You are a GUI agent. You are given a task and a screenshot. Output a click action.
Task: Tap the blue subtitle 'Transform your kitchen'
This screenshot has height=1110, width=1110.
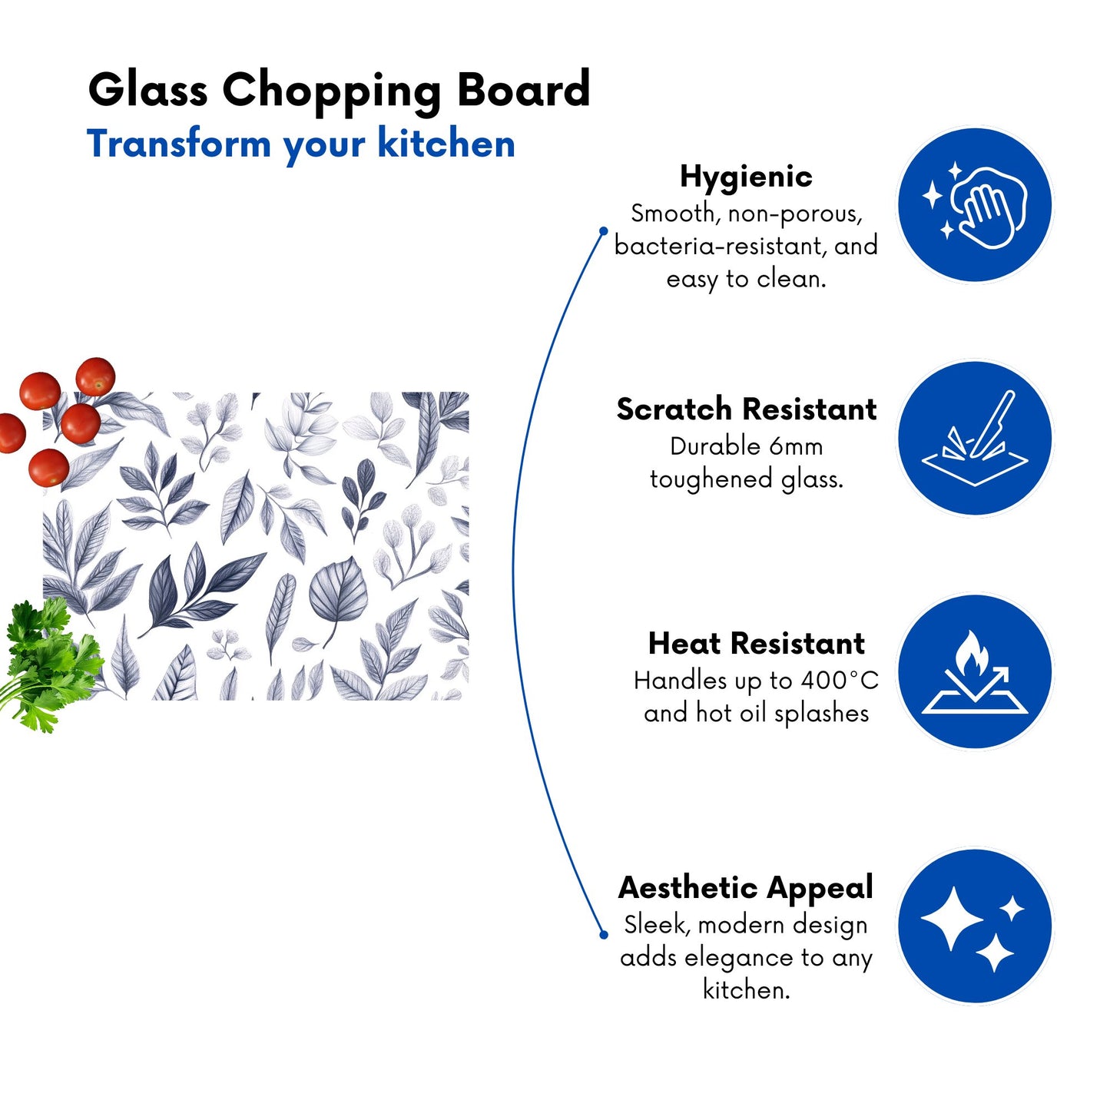tap(300, 144)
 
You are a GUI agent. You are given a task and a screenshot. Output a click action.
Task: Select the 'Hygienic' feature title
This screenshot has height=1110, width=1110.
tap(746, 177)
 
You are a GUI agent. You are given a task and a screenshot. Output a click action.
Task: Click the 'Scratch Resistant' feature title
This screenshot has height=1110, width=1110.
tap(746, 409)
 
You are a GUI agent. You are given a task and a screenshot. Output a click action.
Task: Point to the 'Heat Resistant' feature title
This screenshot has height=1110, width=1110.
tap(757, 644)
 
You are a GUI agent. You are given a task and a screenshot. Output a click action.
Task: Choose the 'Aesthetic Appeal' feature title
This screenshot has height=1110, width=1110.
tap(746, 888)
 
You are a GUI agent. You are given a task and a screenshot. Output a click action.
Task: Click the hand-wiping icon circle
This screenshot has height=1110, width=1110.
tap(975, 204)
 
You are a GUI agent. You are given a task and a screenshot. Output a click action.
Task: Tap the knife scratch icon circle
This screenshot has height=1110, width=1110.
tap(975, 438)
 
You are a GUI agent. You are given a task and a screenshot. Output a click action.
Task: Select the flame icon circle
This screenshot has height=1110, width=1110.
tap(975, 671)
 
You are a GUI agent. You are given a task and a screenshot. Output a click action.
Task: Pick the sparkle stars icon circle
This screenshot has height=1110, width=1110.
tap(975, 926)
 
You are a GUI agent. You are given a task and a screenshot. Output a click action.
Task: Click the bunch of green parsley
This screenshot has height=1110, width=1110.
tap(49, 664)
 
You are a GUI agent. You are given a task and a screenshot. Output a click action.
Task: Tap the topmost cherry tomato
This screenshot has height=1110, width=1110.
tap(95, 376)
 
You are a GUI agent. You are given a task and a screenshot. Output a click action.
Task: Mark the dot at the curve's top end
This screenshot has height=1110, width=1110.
tap(603, 231)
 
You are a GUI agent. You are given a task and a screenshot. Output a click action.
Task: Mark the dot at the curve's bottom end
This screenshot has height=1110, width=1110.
tap(603, 935)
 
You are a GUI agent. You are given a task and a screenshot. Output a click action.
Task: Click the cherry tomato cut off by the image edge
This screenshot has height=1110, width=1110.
tap(12, 433)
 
